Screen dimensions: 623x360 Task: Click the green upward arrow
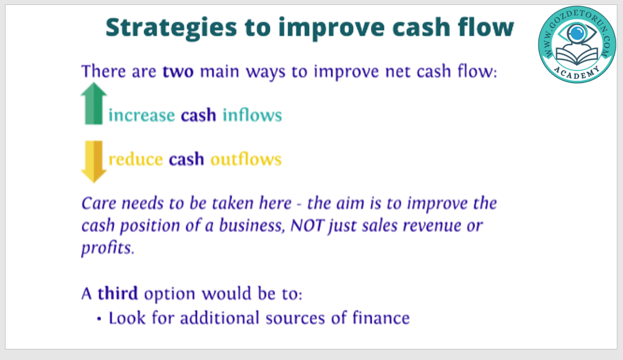pyautogui.click(x=94, y=103)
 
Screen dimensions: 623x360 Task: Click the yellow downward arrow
pyautogui.click(x=94, y=162)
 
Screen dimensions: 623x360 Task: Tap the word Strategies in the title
pyautogui.click(x=172, y=28)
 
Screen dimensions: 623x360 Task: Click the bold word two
pyautogui.click(x=178, y=72)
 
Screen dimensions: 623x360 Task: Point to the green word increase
pyautogui.click(x=141, y=115)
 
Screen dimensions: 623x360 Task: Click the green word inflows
pyautogui.click(x=252, y=115)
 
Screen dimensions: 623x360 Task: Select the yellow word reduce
pyautogui.click(x=136, y=159)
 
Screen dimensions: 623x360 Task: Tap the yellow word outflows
pyautogui.click(x=246, y=159)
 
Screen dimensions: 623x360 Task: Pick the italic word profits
pyautogui.click(x=108, y=248)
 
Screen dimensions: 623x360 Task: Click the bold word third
pyautogui.click(x=118, y=294)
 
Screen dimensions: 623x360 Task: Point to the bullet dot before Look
pyautogui.click(x=99, y=318)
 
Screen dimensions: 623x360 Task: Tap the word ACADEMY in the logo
pyautogui.click(x=577, y=72)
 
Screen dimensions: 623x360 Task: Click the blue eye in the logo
pyautogui.click(x=577, y=33)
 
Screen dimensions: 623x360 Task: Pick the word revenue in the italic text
pyautogui.click(x=432, y=226)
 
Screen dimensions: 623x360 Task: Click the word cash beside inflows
pyautogui.click(x=198, y=115)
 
